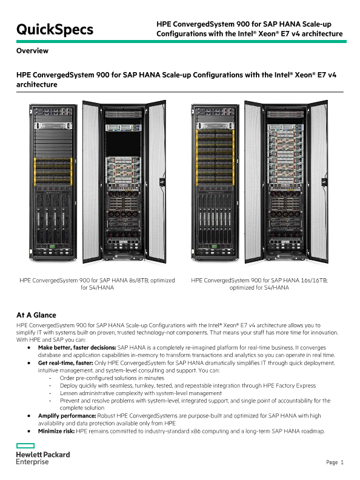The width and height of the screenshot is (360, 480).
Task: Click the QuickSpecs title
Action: [x=55, y=30]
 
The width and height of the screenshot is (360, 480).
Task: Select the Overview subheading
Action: [x=32, y=51]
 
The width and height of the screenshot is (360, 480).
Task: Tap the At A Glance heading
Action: [x=36, y=315]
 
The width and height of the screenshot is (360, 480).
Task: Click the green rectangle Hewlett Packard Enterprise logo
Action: [x=25, y=445]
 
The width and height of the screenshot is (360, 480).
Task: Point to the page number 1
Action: [x=342, y=462]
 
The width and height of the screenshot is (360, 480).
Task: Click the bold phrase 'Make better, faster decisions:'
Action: [x=77, y=348]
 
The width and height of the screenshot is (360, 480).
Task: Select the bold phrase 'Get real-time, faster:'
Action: [x=65, y=363]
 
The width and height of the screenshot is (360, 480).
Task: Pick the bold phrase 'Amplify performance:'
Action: [x=67, y=416]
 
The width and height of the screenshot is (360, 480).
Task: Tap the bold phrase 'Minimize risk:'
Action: [x=56, y=431]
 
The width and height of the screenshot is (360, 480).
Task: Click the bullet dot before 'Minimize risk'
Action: [x=29, y=432]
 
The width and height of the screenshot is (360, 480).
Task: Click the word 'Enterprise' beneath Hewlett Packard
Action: [x=32, y=462]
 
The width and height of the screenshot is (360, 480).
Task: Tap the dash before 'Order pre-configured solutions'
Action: [x=50, y=378]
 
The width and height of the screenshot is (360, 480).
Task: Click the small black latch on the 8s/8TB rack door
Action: [x=162, y=182]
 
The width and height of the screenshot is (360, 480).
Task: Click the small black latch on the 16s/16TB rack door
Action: [x=324, y=182]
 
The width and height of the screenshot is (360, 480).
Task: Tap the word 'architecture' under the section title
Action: [x=37, y=84]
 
